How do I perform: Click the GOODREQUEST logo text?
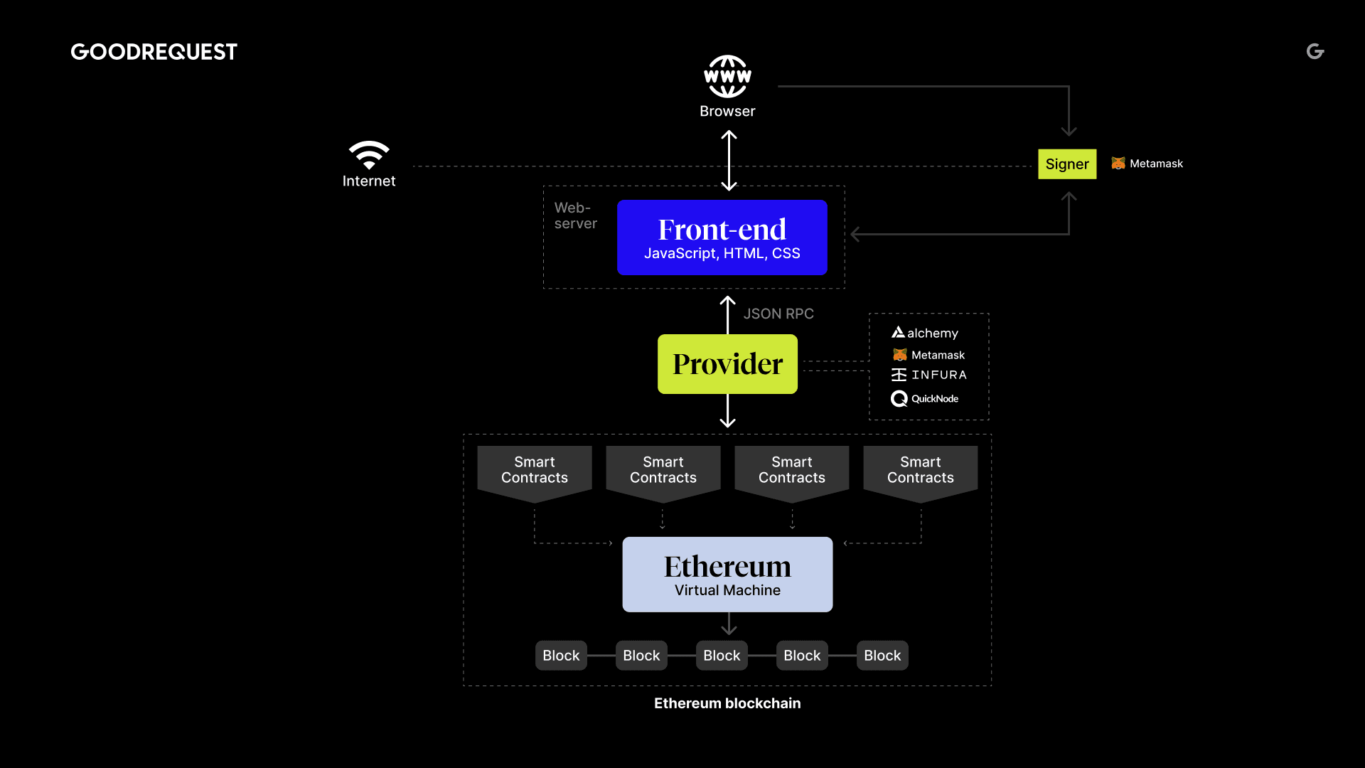[154, 52]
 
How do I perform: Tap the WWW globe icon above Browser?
[727, 76]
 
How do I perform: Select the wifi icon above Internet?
[369, 154]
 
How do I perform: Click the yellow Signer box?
[1067, 164]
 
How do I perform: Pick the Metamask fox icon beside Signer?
[1118, 164]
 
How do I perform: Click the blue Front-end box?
[722, 238]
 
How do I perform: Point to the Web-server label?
[576, 215]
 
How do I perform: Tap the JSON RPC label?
[778, 314]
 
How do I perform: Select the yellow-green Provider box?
[727, 364]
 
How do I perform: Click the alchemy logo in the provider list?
[925, 333]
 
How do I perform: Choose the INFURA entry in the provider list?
[929, 375]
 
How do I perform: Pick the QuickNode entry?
[925, 399]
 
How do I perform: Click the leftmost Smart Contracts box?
[535, 472]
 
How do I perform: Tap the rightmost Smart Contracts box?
[921, 472]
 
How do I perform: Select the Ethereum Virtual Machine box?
[727, 575]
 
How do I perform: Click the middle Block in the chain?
[722, 656]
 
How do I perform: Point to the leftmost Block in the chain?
[561, 656]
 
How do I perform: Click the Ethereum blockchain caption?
[727, 703]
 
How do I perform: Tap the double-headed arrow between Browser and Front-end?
[729, 161]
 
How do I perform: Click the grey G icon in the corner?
[1315, 51]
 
